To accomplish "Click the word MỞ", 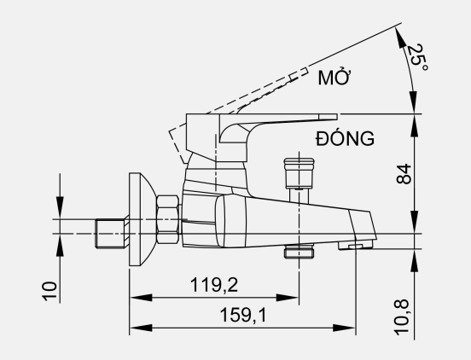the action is (334, 78).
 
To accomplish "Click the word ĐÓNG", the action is (345, 138).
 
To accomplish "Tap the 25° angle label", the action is (416, 58).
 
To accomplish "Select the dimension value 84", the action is (404, 174).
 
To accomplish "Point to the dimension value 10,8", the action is (401, 317).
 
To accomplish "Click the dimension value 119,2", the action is (214, 284).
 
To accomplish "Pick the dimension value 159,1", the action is (243, 315).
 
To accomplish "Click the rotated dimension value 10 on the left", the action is (49, 291).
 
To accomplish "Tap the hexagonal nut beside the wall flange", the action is (167, 219).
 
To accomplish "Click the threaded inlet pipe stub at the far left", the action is (110, 234).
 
